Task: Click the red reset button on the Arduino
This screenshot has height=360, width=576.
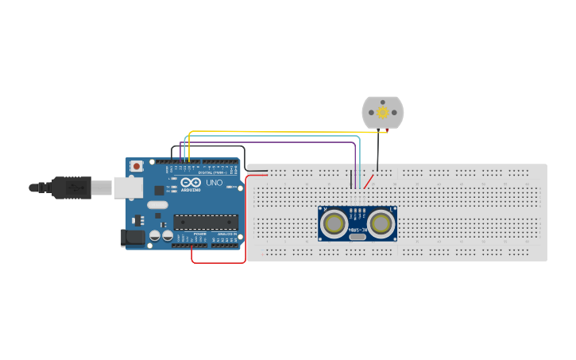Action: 137,166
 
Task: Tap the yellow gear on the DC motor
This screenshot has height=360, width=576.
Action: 383,113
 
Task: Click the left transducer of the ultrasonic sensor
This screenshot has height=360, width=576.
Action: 334,224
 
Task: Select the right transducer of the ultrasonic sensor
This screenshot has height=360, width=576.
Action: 381,224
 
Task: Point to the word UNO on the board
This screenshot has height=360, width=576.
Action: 215,183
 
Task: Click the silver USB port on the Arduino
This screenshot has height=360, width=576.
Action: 128,188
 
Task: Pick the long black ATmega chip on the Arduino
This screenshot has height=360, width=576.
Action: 206,222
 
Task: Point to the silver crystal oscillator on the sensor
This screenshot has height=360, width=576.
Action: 358,236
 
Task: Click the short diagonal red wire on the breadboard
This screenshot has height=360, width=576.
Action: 369,182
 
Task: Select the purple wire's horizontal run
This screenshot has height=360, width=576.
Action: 270,142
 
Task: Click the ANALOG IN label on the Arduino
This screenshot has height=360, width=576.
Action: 226,234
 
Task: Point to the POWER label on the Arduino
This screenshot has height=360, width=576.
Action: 199,234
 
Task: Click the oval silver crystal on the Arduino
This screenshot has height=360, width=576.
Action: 157,204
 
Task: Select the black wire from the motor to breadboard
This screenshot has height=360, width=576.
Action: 378,151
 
